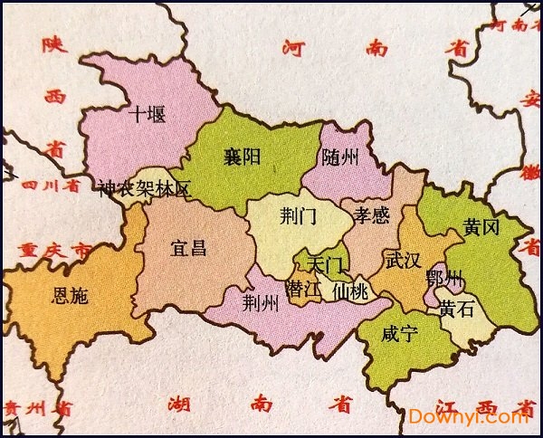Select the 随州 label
340,157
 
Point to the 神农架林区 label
145,190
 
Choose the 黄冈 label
481,227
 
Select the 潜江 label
303,290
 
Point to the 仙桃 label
350,291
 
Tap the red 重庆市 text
46,249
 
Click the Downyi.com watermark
468,416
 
